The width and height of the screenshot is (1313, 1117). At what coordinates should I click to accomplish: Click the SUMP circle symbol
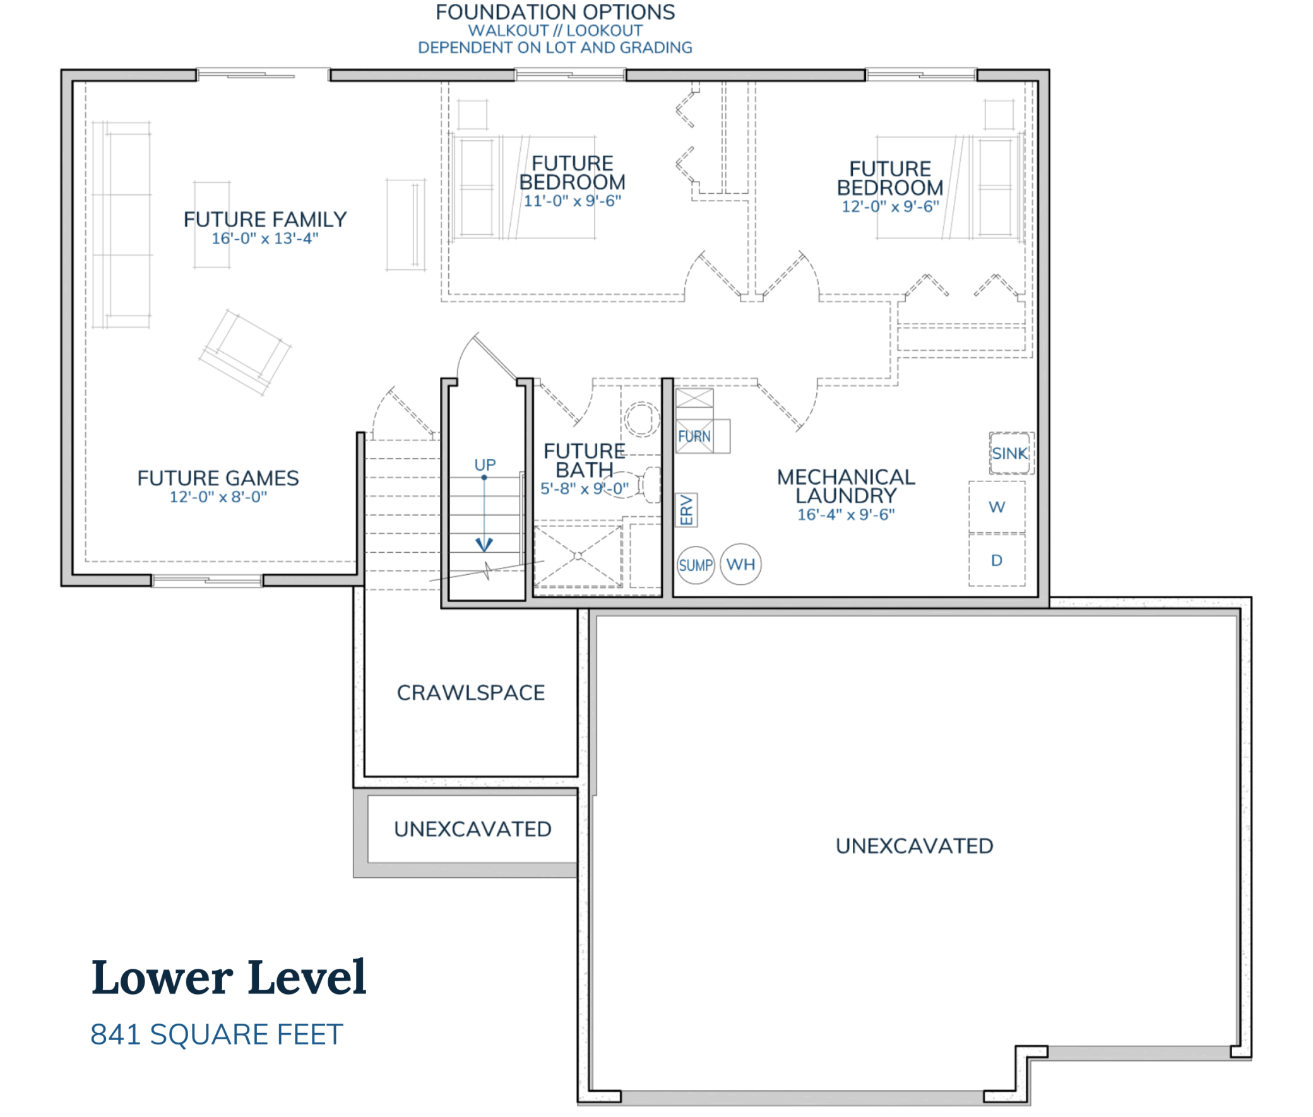click(695, 564)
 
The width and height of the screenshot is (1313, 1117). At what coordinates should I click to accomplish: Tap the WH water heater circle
click(740, 564)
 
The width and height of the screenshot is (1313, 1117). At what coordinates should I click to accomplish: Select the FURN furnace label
click(694, 435)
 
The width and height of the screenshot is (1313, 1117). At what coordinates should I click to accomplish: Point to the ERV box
click(686, 510)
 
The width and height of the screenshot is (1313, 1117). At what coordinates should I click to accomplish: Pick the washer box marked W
click(995, 507)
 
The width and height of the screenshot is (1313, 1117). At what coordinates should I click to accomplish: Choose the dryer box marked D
click(995, 560)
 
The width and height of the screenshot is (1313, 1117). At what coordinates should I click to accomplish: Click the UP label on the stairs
click(485, 464)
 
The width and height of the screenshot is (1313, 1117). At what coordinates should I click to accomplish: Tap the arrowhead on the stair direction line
click(484, 544)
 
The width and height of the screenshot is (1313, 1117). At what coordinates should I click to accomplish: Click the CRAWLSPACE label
click(471, 692)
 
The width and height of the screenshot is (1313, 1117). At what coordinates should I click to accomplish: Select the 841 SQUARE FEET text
click(216, 1034)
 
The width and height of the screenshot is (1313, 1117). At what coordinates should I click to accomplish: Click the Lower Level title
click(229, 977)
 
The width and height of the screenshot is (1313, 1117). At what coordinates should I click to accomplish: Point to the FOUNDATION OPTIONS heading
click(555, 12)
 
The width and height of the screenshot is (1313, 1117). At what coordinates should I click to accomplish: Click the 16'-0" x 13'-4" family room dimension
click(264, 238)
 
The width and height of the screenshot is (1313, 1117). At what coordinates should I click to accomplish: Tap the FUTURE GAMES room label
click(218, 478)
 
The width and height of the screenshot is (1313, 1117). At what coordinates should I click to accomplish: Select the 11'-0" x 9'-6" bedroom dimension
click(572, 201)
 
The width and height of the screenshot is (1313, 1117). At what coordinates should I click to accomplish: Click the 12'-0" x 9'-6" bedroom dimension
click(889, 206)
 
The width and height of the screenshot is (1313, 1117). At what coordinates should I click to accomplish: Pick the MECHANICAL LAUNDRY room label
click(846, 486)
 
